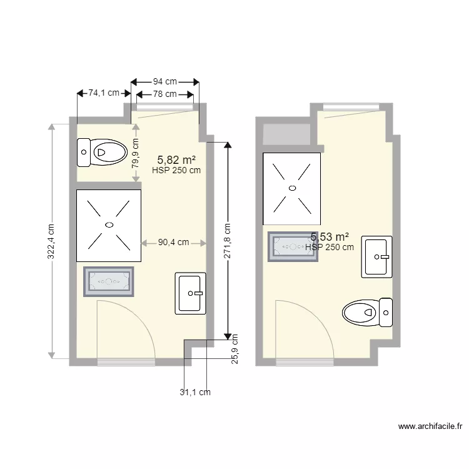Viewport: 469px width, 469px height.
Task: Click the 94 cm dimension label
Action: tap(165, 81)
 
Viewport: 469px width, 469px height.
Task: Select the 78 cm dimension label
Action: tap(164, 94)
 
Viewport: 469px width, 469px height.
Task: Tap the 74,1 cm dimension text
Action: tap(104, 93)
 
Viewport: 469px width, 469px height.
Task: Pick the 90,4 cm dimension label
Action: tap(174, 243)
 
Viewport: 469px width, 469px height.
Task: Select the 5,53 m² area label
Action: tap(330, 236)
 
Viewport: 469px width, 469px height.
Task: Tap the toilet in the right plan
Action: tap(368, 311)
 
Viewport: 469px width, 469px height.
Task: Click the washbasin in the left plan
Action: tap(190, 293)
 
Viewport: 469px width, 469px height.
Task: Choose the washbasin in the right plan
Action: tap(377, 256)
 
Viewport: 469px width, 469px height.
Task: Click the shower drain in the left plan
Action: tap(109, 224)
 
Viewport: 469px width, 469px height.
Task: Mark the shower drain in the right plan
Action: tap(292, 188)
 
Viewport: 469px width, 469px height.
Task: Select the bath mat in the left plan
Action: tap(109, 281)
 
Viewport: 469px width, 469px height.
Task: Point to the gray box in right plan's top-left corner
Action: tap(287, 134)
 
